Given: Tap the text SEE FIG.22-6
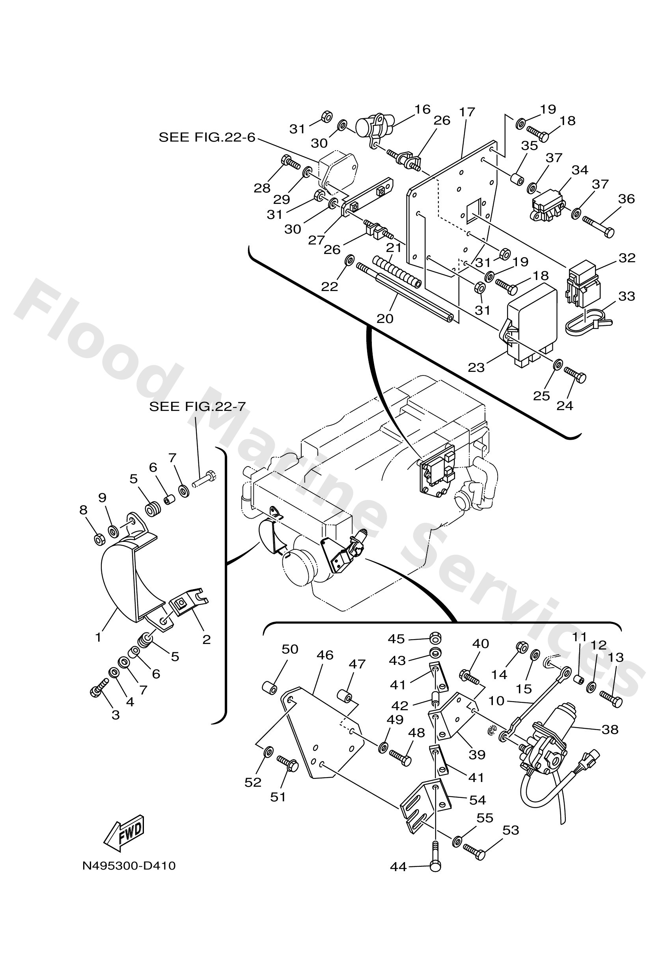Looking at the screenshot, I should pos(207,137).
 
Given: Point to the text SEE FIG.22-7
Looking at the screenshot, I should pos(198,407).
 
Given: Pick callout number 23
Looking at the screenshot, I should pos(476,368).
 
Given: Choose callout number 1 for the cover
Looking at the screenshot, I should pos(98,638).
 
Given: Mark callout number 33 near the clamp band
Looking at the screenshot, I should pos(627,296).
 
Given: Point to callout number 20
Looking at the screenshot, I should pos(384,319).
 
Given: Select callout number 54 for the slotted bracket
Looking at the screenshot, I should pos(477,800).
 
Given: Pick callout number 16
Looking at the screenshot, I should pos(422,109).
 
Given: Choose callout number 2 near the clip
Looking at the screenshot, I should pos(206,640).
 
